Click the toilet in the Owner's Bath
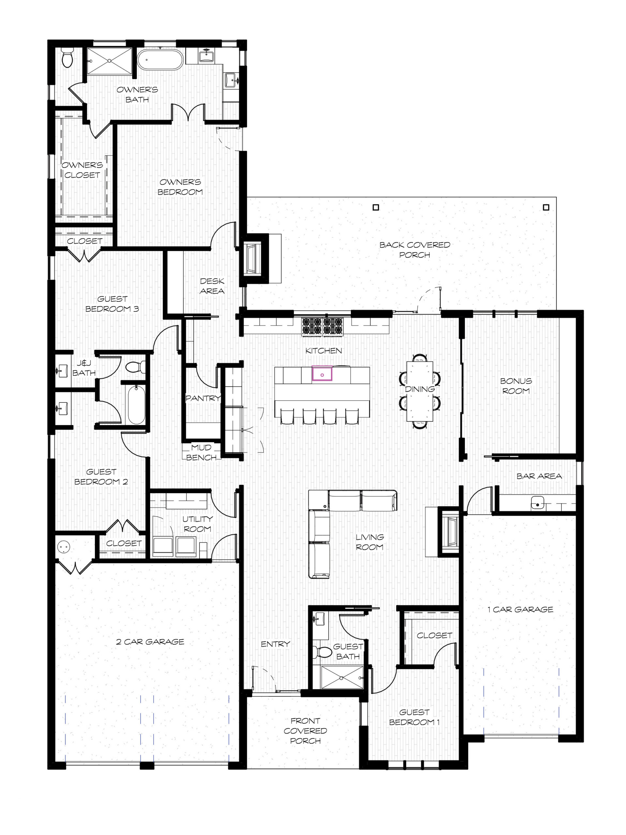pos(67,58)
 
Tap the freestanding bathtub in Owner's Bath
pos(160,60)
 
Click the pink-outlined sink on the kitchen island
pos(322,374)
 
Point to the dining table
pos(420,391)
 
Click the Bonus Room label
pos(516,386)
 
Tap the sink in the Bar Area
pos(537,503)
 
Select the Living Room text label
pos(369,542)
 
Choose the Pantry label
pos(202,398)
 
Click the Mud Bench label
pos(201,452)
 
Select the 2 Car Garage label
pos(150,641)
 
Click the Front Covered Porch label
pos(305,730)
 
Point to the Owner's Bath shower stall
pos(110,60)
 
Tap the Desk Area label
pos(212,286)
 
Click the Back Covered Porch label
pos(415,250)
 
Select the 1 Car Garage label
pos(520,609)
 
